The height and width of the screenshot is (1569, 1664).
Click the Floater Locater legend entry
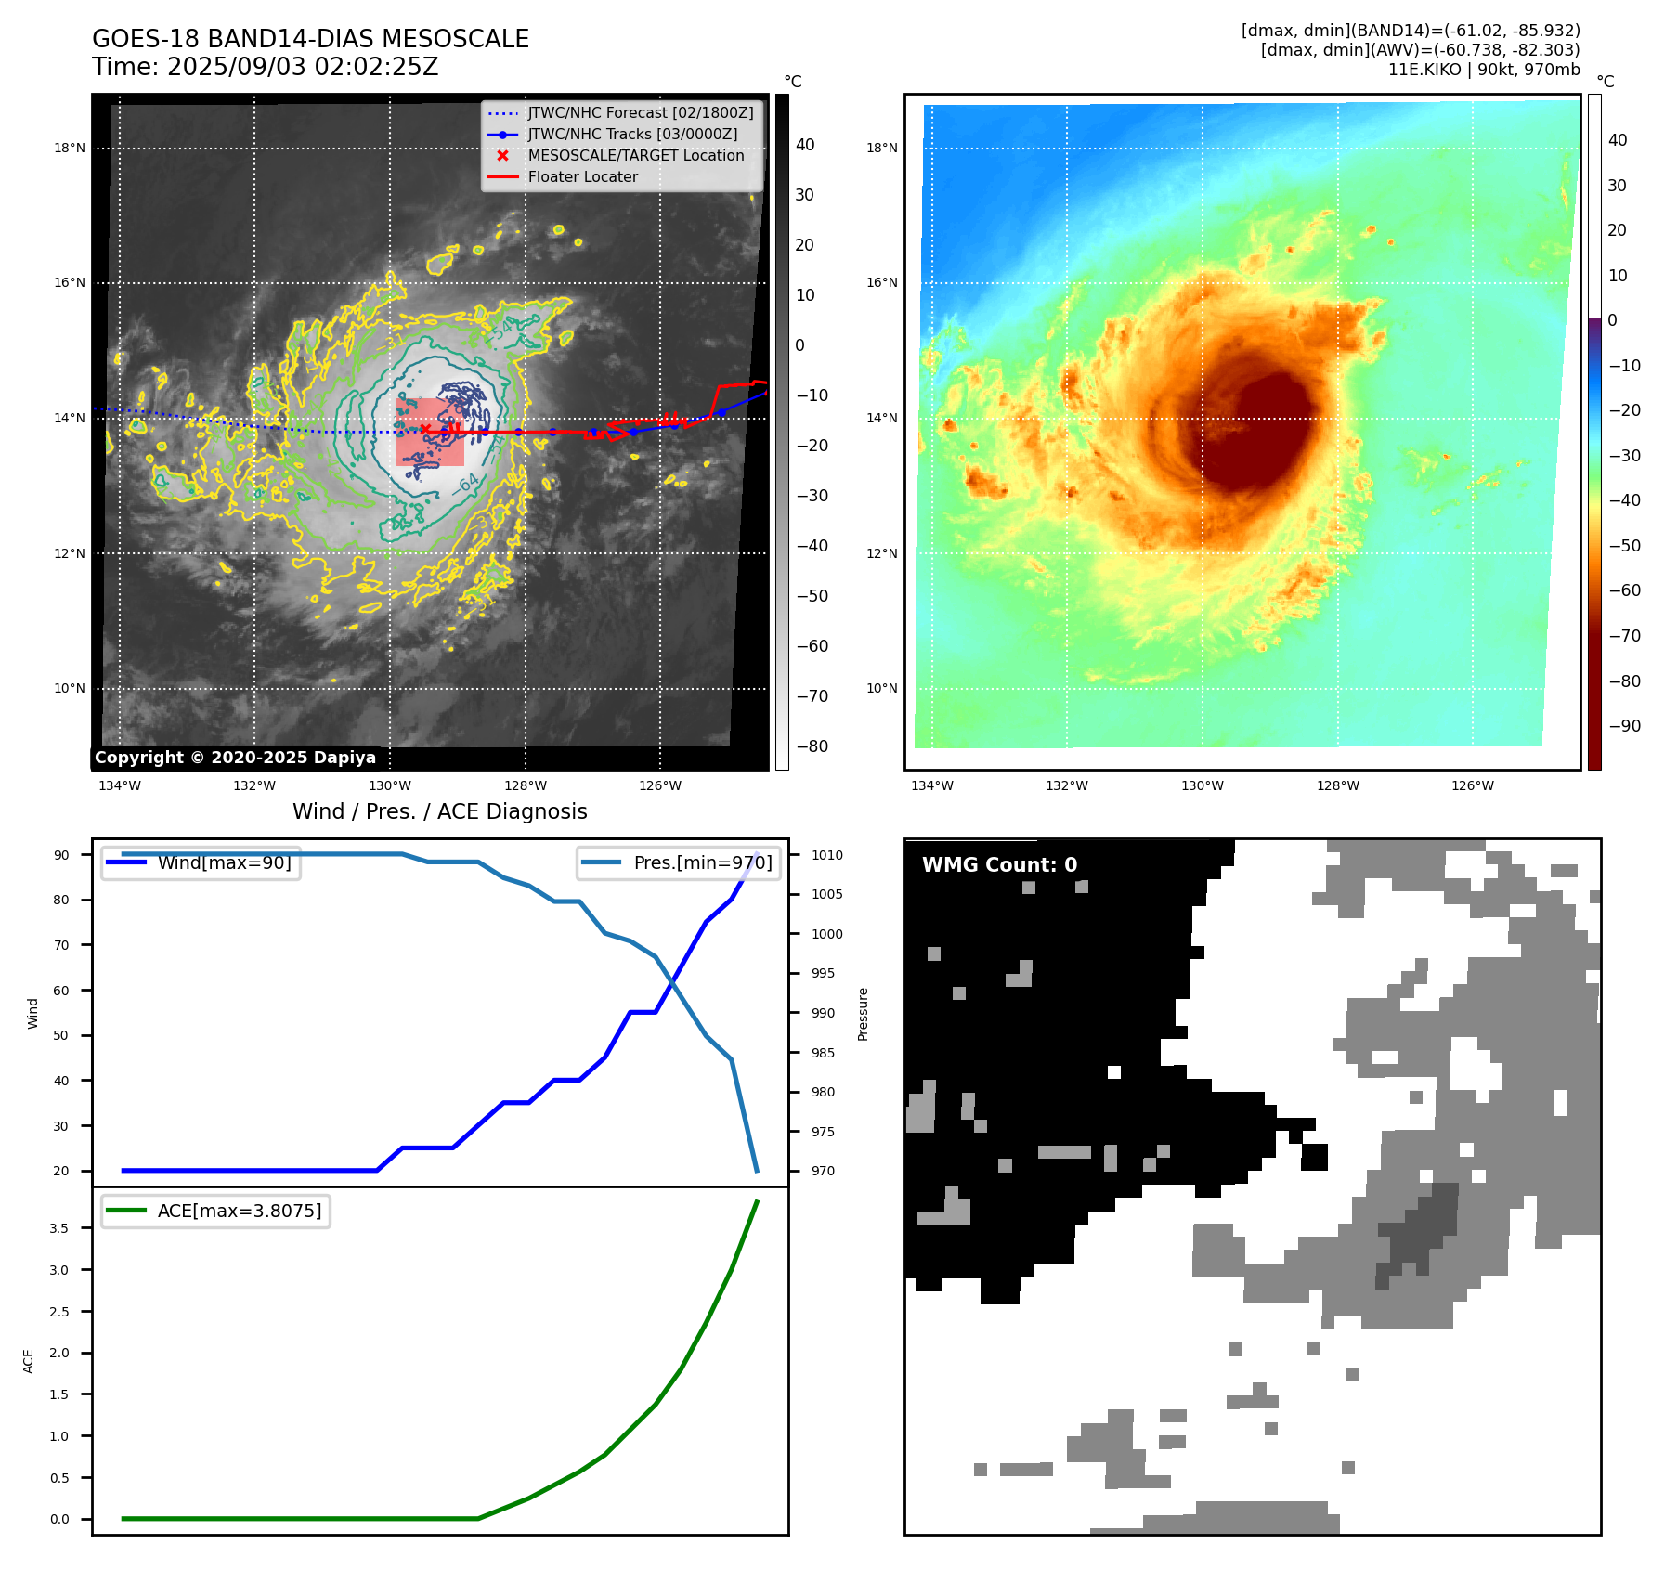click(582, 177)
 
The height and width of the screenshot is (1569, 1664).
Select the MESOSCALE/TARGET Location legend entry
click(635, 156)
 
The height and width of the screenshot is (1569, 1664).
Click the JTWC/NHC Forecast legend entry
click(640, 113)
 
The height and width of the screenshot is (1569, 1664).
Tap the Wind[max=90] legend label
click(224, 862)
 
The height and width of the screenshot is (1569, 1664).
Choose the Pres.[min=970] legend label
click(702, 862)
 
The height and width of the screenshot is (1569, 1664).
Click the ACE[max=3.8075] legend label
click(240, 1211)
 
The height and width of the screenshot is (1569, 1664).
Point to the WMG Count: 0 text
click(999, 865)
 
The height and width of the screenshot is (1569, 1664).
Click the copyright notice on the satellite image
click(235, 758)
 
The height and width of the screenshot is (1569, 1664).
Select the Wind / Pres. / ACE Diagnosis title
click(439, 811)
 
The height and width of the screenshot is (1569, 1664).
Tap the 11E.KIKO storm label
click(1423, 70)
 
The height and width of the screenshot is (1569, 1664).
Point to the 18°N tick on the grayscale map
click(70, 148)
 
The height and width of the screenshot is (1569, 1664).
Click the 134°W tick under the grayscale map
click(120, 785)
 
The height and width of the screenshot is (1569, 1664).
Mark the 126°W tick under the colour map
click(1473, 785)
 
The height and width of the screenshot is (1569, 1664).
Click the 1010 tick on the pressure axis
click(826, 855)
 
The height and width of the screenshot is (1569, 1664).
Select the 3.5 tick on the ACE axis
click(59, 1228)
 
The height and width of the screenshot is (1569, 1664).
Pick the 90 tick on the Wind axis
click(61, 855)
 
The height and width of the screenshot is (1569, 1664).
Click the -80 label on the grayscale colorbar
click(812, 746)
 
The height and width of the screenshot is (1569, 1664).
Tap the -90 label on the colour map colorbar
click(1624, 726)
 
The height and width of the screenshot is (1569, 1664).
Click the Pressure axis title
click(863, 1014)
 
